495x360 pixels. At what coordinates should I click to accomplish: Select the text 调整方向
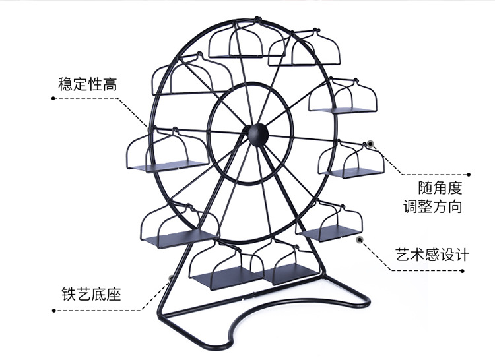click(433, 207)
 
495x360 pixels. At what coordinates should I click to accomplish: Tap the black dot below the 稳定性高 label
click(53, 98)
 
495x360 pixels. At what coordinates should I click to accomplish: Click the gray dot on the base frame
click(170, 278)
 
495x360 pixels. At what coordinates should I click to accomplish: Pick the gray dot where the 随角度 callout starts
click(371, 142)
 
